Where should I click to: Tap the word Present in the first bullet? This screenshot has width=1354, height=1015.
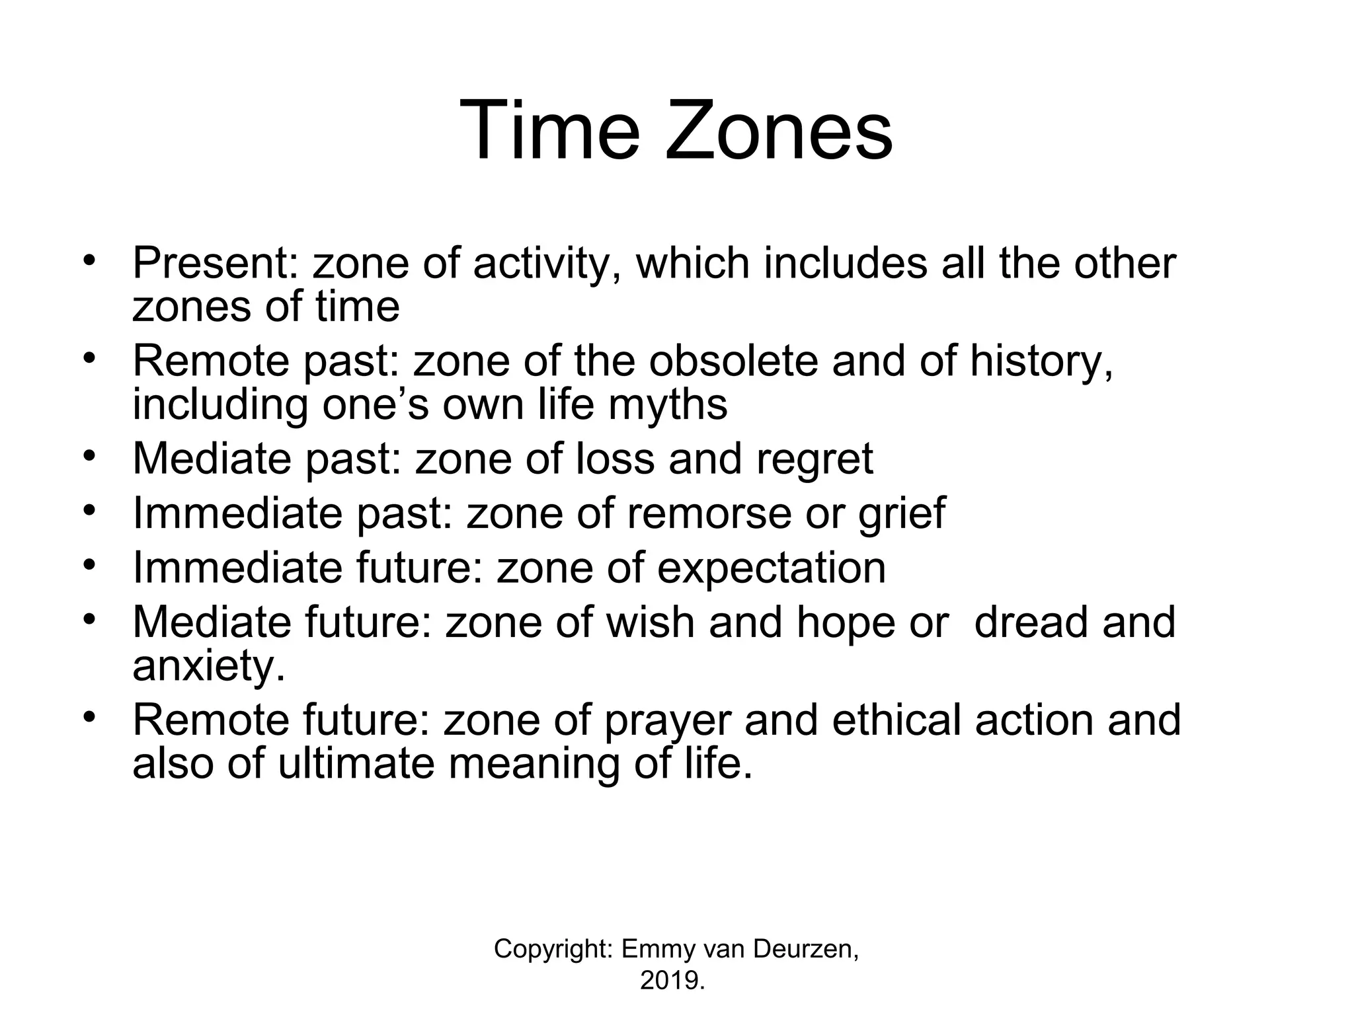tap(215, 263)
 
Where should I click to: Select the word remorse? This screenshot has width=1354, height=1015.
tap(708, 513)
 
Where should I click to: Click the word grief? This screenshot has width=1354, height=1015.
tap(902, 513)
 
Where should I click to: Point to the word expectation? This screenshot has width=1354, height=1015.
tap(771, 568)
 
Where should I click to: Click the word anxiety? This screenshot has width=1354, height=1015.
tap(209, 667)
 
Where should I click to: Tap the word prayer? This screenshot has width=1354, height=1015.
tap(668, 721)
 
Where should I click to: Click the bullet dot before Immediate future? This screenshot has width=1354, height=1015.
tap(90, 566)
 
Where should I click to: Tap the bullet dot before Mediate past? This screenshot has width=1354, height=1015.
tap(90, 457)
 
